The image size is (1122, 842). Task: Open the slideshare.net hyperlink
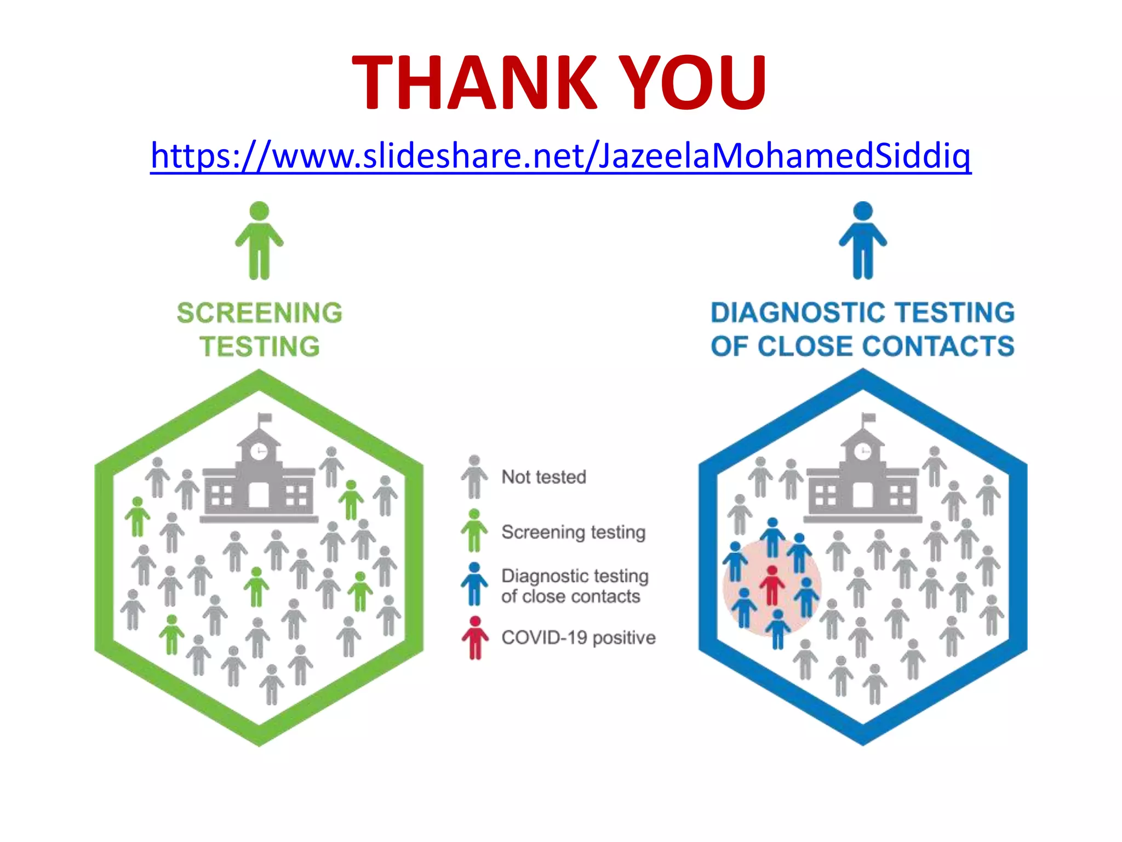pos(560,156)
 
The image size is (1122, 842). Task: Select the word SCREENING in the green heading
pos(259,313)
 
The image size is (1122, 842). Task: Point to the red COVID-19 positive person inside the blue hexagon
pos(772,584)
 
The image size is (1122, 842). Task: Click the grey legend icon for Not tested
pos(474,476)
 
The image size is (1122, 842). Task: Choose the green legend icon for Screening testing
pos(474,530)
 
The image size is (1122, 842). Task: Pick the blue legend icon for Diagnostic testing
pos(474,584)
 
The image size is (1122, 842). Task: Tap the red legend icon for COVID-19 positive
pos(475,638)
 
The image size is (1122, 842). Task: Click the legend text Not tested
pos(543,477)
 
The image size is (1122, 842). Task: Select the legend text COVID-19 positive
pos(578,638)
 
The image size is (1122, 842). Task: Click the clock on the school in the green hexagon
pos(259,451)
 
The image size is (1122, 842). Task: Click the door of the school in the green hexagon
pos(259,495)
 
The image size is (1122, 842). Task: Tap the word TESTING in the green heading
pos(259,346)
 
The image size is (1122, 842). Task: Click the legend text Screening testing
pos(573,532)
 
